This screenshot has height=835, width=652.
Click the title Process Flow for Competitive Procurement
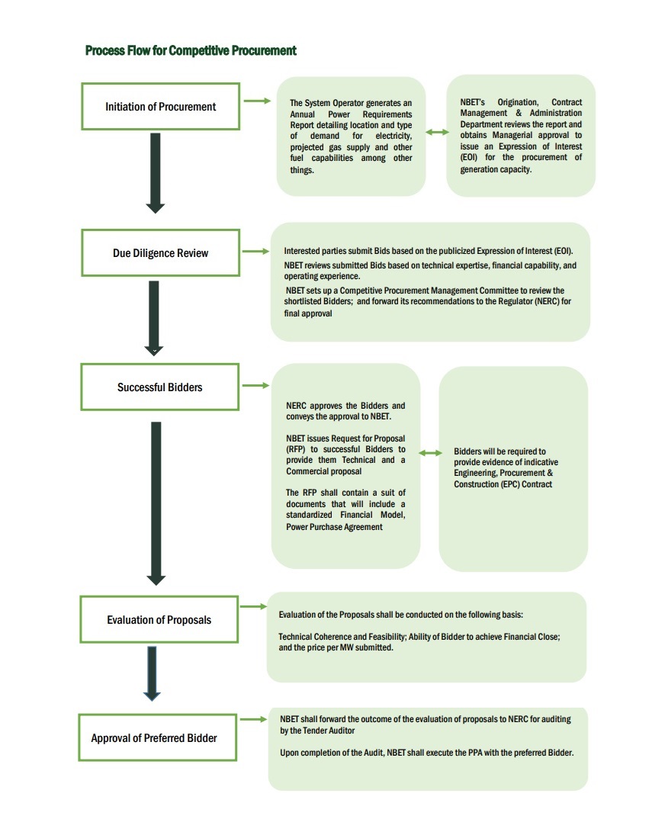(x=191, y=51)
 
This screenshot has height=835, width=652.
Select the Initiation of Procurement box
(x=160, y=107)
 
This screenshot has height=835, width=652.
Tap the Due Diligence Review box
(x=160, y=253)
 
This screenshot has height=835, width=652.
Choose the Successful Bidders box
(x=160, y=387)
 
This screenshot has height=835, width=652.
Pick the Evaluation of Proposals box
(x=159, y=620)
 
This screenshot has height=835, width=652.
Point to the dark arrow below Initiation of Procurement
(x=156, y=172)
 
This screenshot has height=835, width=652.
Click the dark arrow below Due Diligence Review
(x=154, y=316)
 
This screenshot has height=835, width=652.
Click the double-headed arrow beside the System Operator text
(x=437, y=133)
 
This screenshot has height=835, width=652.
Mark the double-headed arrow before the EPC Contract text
(x=431, y=453)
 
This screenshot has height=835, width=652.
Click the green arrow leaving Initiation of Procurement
(x=257, y=101)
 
